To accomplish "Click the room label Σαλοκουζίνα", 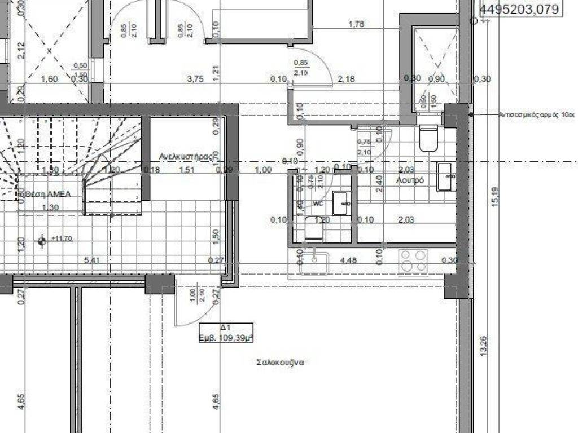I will pos(279,363).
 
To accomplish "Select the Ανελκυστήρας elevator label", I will pos(187,155).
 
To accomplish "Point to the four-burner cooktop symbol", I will pos(413,262).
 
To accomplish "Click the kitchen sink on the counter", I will pos(314,263).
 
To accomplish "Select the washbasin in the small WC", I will pos(340,203).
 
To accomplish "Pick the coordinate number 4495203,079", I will pos(519,8).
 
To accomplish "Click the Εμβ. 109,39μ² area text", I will pos(226,338).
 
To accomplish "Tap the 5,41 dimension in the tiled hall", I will pos(91,260).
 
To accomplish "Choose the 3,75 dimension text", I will pos(195,79).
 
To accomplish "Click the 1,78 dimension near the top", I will pos(356,24).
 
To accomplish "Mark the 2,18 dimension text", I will pos(345,79).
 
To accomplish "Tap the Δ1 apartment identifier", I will pos(225,328).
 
